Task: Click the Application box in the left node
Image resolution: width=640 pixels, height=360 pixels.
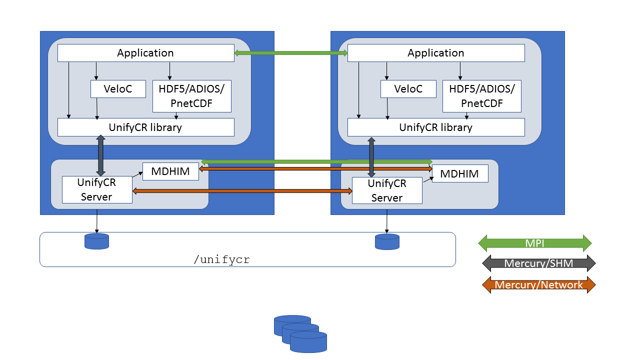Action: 145,53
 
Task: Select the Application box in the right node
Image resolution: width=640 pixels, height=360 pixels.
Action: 436,53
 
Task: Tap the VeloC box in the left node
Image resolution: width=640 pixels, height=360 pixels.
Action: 118,89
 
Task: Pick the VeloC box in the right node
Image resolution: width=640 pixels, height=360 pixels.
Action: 408,89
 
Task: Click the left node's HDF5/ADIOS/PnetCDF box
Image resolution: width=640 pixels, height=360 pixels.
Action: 191,96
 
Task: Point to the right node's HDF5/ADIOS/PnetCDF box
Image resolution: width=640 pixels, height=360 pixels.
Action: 481,96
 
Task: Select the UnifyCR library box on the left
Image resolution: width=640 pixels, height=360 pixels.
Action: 145,127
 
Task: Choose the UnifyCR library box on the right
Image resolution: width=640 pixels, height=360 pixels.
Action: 436,127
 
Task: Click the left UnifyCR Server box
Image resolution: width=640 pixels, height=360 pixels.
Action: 97,189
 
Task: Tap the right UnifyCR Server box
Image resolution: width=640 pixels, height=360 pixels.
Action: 387,190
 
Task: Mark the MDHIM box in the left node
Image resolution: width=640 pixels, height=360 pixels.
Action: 170,171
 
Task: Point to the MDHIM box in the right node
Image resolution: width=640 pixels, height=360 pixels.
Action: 460,173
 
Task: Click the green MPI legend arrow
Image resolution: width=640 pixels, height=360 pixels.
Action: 535,243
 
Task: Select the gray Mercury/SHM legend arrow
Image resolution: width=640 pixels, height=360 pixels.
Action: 538,263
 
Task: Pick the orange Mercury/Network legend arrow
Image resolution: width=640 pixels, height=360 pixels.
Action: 538,284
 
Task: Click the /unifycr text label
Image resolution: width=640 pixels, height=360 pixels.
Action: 221,259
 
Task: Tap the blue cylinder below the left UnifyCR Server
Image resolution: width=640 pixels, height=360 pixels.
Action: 97,241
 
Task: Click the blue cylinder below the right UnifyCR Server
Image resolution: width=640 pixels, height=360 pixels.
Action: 387,241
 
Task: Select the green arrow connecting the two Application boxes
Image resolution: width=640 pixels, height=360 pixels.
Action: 291,53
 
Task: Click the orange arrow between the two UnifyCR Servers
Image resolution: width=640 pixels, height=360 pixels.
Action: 242,191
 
